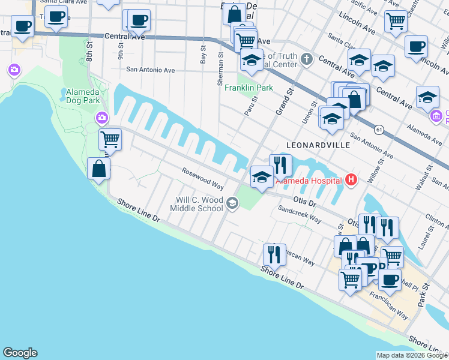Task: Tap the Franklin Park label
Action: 249,88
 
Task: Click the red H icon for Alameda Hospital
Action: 351,180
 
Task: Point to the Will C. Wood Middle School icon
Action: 232,204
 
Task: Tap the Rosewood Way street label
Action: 203,179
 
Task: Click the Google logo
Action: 20,353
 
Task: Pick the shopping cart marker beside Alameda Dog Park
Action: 110,139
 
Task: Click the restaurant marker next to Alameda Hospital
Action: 280,164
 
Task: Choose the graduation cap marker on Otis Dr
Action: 261,176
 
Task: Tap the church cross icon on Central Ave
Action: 307,59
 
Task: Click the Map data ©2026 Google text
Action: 412,355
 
